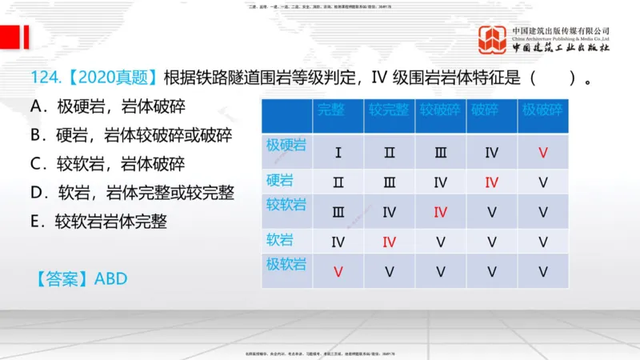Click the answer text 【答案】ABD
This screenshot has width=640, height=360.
click(81, 278)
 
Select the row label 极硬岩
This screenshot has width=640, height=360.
click(286, 146)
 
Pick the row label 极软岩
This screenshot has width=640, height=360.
click(286, 263)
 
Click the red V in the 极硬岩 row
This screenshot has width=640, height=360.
click(543, 152)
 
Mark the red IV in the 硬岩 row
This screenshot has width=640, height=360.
click(491, 182)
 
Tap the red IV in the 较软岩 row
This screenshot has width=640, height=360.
click(440, 212)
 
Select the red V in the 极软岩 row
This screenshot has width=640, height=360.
click(338, 271)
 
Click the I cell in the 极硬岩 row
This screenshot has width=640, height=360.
click(338, 152)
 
